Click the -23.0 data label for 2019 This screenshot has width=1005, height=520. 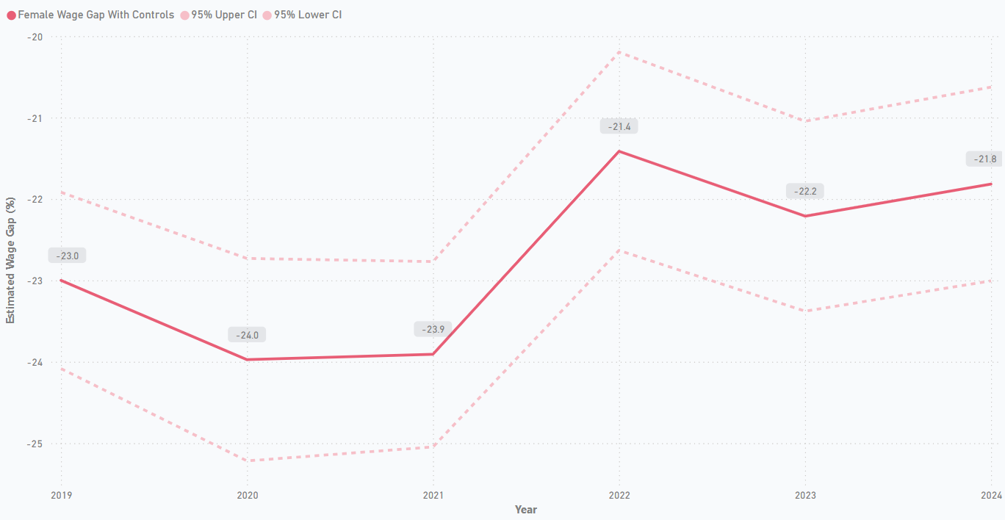(x=68, y=256)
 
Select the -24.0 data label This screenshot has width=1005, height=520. (x=247, y=335)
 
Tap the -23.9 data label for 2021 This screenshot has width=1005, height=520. (x=433, y=329)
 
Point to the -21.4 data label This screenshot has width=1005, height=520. (x=619, y=126)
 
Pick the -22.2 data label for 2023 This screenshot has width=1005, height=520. (x=804, y=191)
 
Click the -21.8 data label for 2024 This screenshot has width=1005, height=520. (x=984, y=159)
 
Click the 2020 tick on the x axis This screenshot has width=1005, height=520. (x=247, y=495)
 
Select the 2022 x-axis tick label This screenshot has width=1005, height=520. (x=619, y=495)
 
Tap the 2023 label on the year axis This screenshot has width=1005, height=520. (x=804, y=495)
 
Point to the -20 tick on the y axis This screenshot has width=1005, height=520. (x=35, y=37)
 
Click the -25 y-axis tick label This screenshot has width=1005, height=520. (x=35, y=444)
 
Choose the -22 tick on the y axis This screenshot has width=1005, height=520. (x=35, y=200)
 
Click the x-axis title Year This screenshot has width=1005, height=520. (x=525, y=510)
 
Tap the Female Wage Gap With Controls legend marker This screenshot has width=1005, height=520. (x=11, y=15)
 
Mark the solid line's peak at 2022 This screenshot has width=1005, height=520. (x=619, y=151)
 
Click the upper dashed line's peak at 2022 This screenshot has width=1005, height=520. (x=619, y=51)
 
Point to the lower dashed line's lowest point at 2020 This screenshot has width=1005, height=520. (x=247, y=461)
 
